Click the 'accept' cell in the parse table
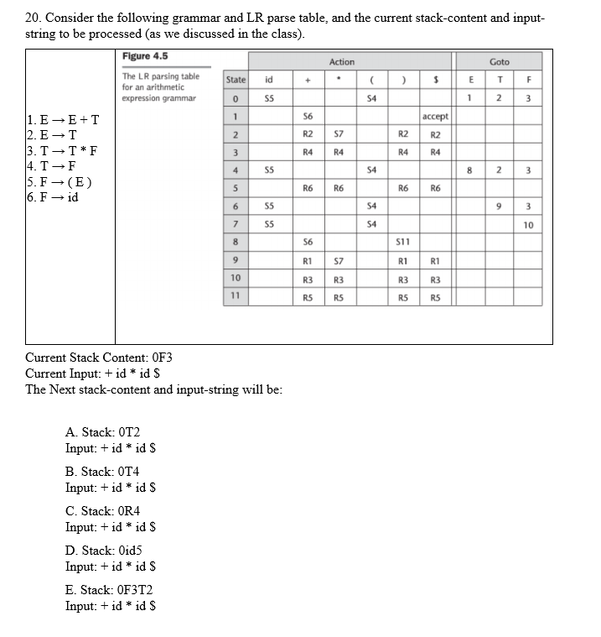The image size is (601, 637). click(435, 116)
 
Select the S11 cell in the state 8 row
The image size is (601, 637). click(401, 242)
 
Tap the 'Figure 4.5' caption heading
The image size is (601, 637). click(146, 56)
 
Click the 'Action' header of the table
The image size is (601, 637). click(342, 61)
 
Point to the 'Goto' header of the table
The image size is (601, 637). click(499, 61)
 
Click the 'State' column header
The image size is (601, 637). click(236, 80)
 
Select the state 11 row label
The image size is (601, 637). click(236, 295)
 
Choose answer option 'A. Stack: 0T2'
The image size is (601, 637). click(103, 432)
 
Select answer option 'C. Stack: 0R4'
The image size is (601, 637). click(103, 511)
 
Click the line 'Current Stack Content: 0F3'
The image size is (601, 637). click(99, 358)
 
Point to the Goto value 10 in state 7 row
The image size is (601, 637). click(528, 224)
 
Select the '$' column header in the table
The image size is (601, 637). click(435, 80)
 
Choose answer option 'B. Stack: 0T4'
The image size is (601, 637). click(103, 472)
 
